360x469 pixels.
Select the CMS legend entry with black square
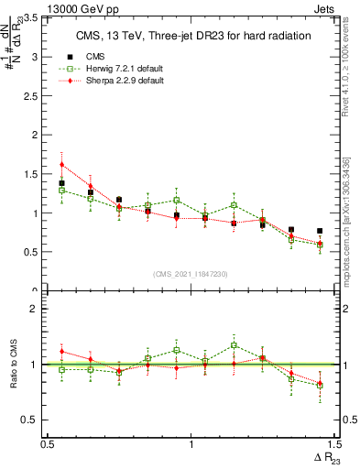(x=97, y=54)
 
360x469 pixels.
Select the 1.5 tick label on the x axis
(x=333, y=444)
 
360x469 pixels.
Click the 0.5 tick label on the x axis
(x=47, y=444)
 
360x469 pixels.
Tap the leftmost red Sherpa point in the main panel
(x=61, y=165)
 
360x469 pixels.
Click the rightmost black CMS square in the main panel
(x=320, y=231)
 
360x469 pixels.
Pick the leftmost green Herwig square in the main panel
(x=61, y=191)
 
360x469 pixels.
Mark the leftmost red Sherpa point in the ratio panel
(x=61, y=351)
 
